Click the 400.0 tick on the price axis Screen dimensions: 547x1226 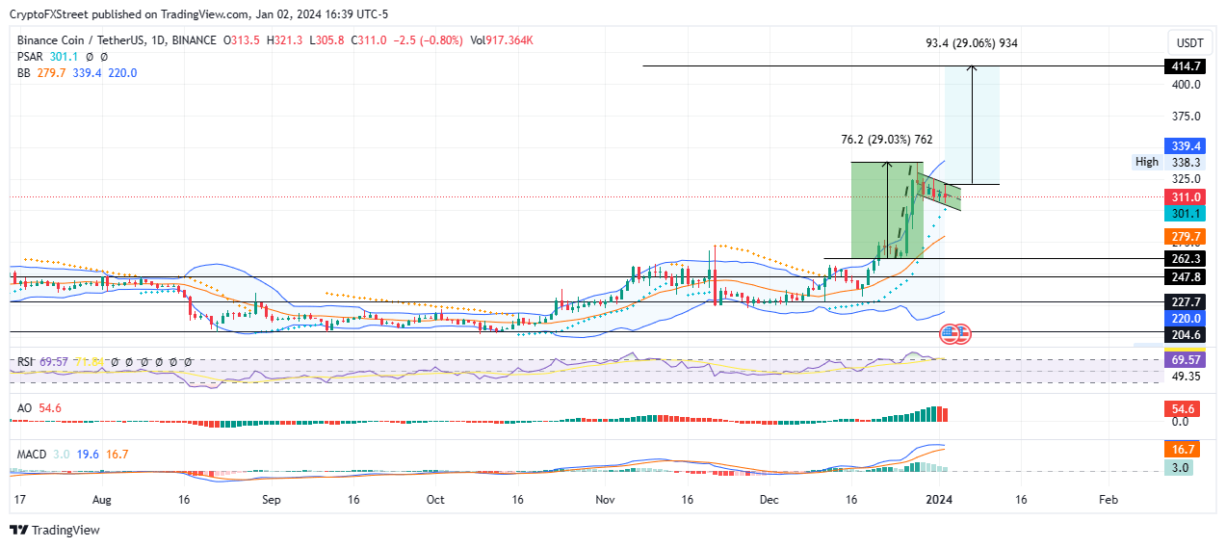click(x=1186, y=85)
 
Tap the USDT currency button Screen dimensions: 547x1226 click(x=1189, y=43)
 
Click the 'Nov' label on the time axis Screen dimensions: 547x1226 click(x=605, y=501)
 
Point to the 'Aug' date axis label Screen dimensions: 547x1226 click(x=103, y=501)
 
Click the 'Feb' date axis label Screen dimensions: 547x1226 click(x=1108, y=501)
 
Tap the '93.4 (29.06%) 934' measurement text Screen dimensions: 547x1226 click(x=966, y=43)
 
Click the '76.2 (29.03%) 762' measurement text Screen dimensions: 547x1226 click(x=881, y=140)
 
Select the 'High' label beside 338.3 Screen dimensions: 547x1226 click(x=1147, y=162)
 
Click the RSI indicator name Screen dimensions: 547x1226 click(x=26, y=361)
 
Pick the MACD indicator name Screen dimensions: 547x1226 click(x=31, y=454)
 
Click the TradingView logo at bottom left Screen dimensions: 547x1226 click(x=55, y=530)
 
